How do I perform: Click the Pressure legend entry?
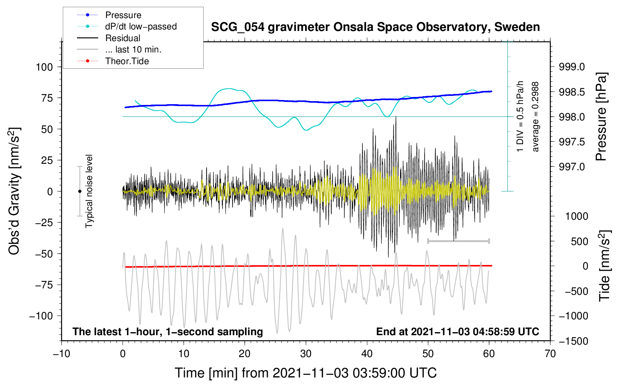(123, 15)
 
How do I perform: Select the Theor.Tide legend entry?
(127, 61)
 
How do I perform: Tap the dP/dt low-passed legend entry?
(141, 26)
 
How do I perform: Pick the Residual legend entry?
(123, 38)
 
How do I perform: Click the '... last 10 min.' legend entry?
(133, 49)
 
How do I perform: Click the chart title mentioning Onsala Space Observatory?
(375, 27)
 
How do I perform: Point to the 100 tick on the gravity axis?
(44, 67)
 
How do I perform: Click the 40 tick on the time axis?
(367, 354)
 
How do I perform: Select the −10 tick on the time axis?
(61, 354)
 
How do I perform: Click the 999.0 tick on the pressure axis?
(572, 67)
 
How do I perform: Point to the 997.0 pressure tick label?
(572, 167)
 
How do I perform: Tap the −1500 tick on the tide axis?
(573, 341)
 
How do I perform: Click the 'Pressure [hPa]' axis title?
(602, 117)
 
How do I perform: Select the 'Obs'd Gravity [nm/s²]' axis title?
(14, 191)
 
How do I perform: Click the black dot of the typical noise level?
(80, 191)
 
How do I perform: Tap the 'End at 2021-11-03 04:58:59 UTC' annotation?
(457, 332)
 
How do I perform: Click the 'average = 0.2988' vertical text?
(535, 117)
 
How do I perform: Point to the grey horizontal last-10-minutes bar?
(458, 241)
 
